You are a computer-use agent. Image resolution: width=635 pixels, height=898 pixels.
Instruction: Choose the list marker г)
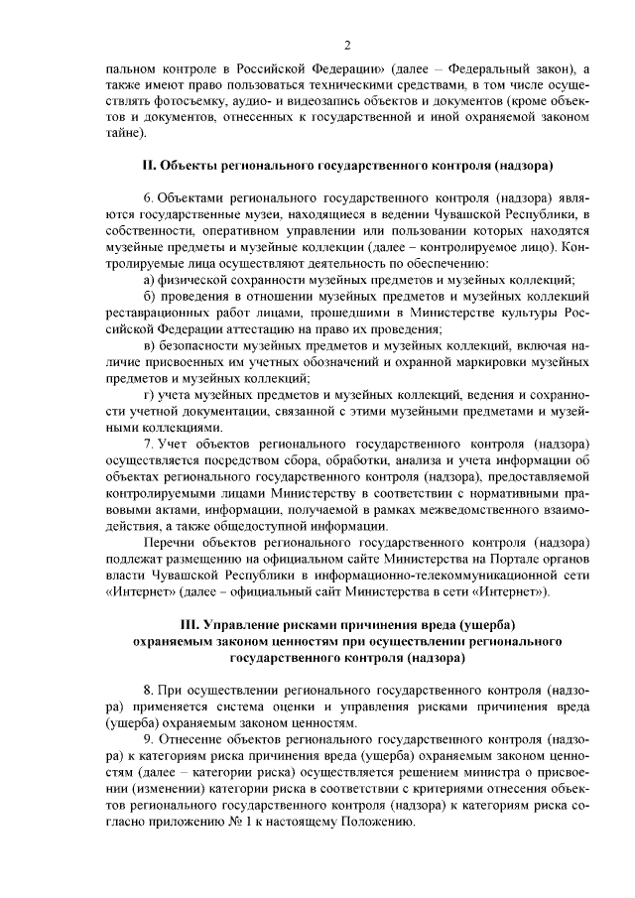[148, 393]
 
